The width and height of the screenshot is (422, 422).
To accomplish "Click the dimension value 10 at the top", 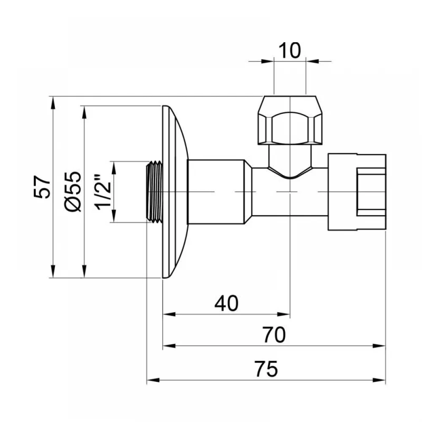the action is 289,50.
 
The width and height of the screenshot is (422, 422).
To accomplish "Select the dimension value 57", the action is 42,187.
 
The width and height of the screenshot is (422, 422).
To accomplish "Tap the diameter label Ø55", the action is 73,191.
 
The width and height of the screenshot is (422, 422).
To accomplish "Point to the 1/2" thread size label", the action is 103,192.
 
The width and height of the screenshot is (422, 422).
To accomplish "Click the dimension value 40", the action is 226,303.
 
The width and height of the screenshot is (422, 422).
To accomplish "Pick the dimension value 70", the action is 274,335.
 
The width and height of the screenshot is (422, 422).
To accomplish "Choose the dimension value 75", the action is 266,369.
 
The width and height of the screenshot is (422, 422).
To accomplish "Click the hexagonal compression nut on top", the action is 290,120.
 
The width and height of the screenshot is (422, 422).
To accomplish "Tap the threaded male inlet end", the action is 154,192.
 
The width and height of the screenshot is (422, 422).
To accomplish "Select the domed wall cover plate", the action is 175,192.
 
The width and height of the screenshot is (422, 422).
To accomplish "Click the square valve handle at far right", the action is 357,192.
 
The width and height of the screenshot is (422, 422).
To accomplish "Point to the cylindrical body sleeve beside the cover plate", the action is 216,192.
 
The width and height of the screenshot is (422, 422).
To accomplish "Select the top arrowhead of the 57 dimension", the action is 53,103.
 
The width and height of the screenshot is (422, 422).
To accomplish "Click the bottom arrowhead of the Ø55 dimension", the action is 84,271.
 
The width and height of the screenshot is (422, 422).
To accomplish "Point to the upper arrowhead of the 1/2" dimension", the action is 114,168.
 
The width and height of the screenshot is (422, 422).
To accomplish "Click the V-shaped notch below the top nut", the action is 290,173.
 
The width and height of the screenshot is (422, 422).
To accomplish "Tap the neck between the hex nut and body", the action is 290,156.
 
